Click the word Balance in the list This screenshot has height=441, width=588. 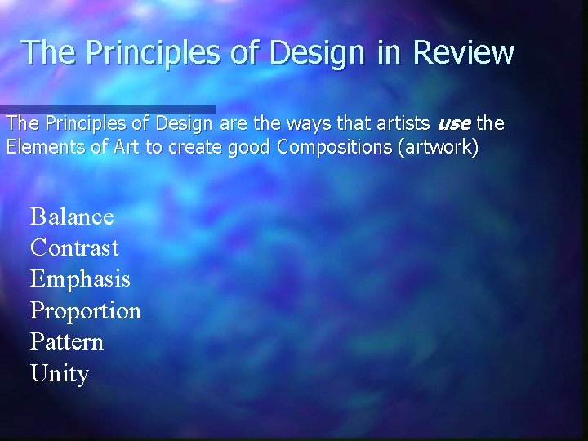pyautogui.click(x=72, y=217)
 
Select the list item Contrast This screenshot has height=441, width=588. pyautogui.click(x=74, y=248)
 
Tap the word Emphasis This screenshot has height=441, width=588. pyautogui.click(x=80, y=279)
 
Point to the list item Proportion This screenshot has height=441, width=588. pyautogui.click(x=86, y=311)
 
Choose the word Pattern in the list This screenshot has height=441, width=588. pyautogui.click(x=67, y=341)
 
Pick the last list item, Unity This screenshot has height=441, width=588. pyautogui.click(x=59, y=374)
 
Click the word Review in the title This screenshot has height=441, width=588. pyautogui.click(x=463, y=53)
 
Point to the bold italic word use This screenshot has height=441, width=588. pyautogui.click(x=453, y=124)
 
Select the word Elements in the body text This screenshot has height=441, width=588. pyautogui.click(x=41, y=148)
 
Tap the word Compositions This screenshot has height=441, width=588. pyautogui.click(x=333, y=148)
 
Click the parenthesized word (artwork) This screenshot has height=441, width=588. pyautogui.click(x=437, y=148)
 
